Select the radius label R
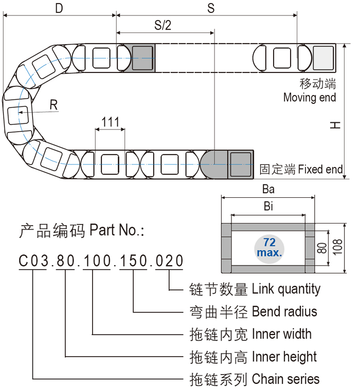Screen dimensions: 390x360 point(53,105)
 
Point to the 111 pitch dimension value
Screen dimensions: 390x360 point(110,122)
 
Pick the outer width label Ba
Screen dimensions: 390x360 point(268,189)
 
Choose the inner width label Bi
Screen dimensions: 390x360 point(268,207)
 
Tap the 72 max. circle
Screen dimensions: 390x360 point(268,248)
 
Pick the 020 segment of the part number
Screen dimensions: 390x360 point(169,261)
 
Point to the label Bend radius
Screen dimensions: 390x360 point(284,311)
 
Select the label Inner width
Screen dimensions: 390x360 point(281,334)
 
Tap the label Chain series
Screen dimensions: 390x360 point(285,379)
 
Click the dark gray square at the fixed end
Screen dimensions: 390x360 point(240,164)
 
